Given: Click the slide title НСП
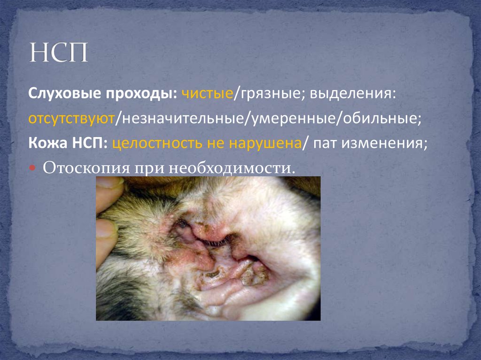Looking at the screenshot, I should click(x=59, y=53).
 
